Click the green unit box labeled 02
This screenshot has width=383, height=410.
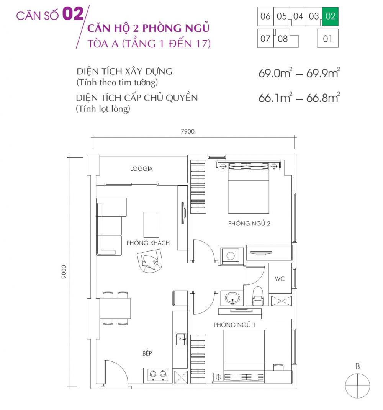click(x=330, y=16)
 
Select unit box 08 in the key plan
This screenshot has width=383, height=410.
click(x=283, y=39)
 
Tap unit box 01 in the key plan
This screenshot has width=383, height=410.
click(x=327, y=39)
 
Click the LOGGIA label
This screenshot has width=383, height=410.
click(x=141, y=168)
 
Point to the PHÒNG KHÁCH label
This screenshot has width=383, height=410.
click(x=148, y=243)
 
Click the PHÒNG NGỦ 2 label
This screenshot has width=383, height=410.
click(x=249, y=223)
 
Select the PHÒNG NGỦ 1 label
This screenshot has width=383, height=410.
click(x=234, y=325)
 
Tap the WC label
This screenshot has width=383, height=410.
click(x=280, y=279)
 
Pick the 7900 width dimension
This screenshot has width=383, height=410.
click(x=188, y=131)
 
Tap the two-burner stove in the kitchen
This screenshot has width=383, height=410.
click(x=158, y=375)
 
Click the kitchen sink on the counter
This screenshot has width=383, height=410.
click(x=180, y=339)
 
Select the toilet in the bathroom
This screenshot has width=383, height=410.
click(x=258, y=296)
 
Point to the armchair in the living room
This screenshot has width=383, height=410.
click(x=149, y=260)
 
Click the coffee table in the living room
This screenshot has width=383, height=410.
click(x=151, y=225)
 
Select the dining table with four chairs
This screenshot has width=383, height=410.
click(x=115, y=308)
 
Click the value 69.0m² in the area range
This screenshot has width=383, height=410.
click(x=275, y=73)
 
